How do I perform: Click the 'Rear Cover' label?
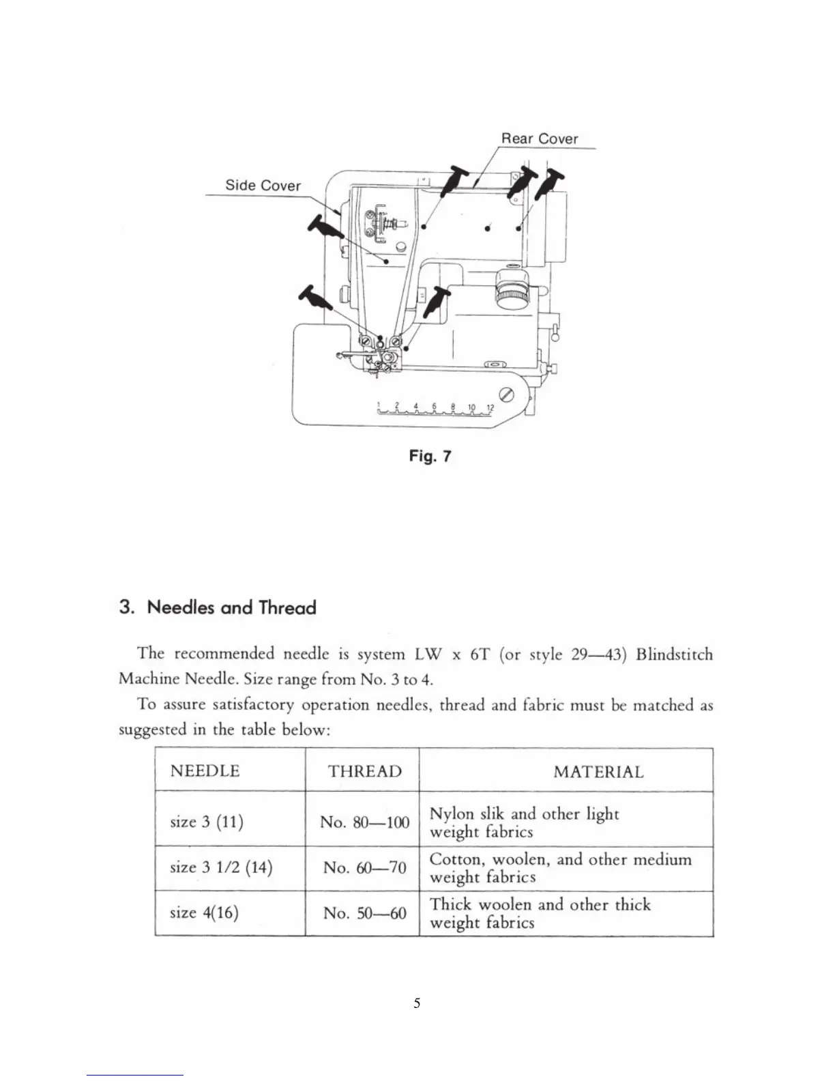pos(539,139)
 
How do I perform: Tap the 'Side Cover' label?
pos(263,186)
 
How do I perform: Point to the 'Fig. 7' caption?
pos(430,456)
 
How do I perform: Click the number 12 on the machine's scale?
pos(489,407)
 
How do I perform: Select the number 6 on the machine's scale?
pos(435,406)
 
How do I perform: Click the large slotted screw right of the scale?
pos(507,395)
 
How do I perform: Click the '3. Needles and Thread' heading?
pos(218,607)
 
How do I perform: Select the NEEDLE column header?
pos(205,771)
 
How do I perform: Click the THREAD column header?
pos(365,771)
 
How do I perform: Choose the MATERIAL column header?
pos(598,772)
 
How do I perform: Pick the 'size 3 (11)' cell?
pos(206,821)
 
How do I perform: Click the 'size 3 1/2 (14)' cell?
pos(220,867)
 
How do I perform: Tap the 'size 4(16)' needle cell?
pos(203,912)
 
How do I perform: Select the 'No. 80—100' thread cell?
pos(364,822)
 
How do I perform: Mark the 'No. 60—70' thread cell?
pos(364,867)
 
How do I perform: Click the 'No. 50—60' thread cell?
pos(364,912)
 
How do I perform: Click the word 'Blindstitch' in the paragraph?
pos(674,654)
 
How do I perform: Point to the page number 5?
pos(417,1003)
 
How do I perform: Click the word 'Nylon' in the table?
pos(451,813)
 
